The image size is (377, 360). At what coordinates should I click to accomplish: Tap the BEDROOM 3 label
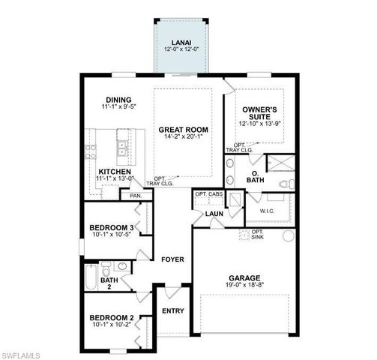click(112, 227)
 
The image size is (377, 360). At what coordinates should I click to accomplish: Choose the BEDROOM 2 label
click(112, 318)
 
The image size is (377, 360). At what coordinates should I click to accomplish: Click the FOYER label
click(173, 259)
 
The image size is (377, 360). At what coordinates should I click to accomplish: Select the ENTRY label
click(173, 310)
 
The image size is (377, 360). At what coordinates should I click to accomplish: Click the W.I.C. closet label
click(269, 212)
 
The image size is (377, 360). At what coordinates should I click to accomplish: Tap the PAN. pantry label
click(136, 196)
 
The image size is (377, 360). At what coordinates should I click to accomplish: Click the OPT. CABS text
click(209, 194)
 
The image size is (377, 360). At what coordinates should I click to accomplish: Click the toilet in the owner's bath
click(283, 183)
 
